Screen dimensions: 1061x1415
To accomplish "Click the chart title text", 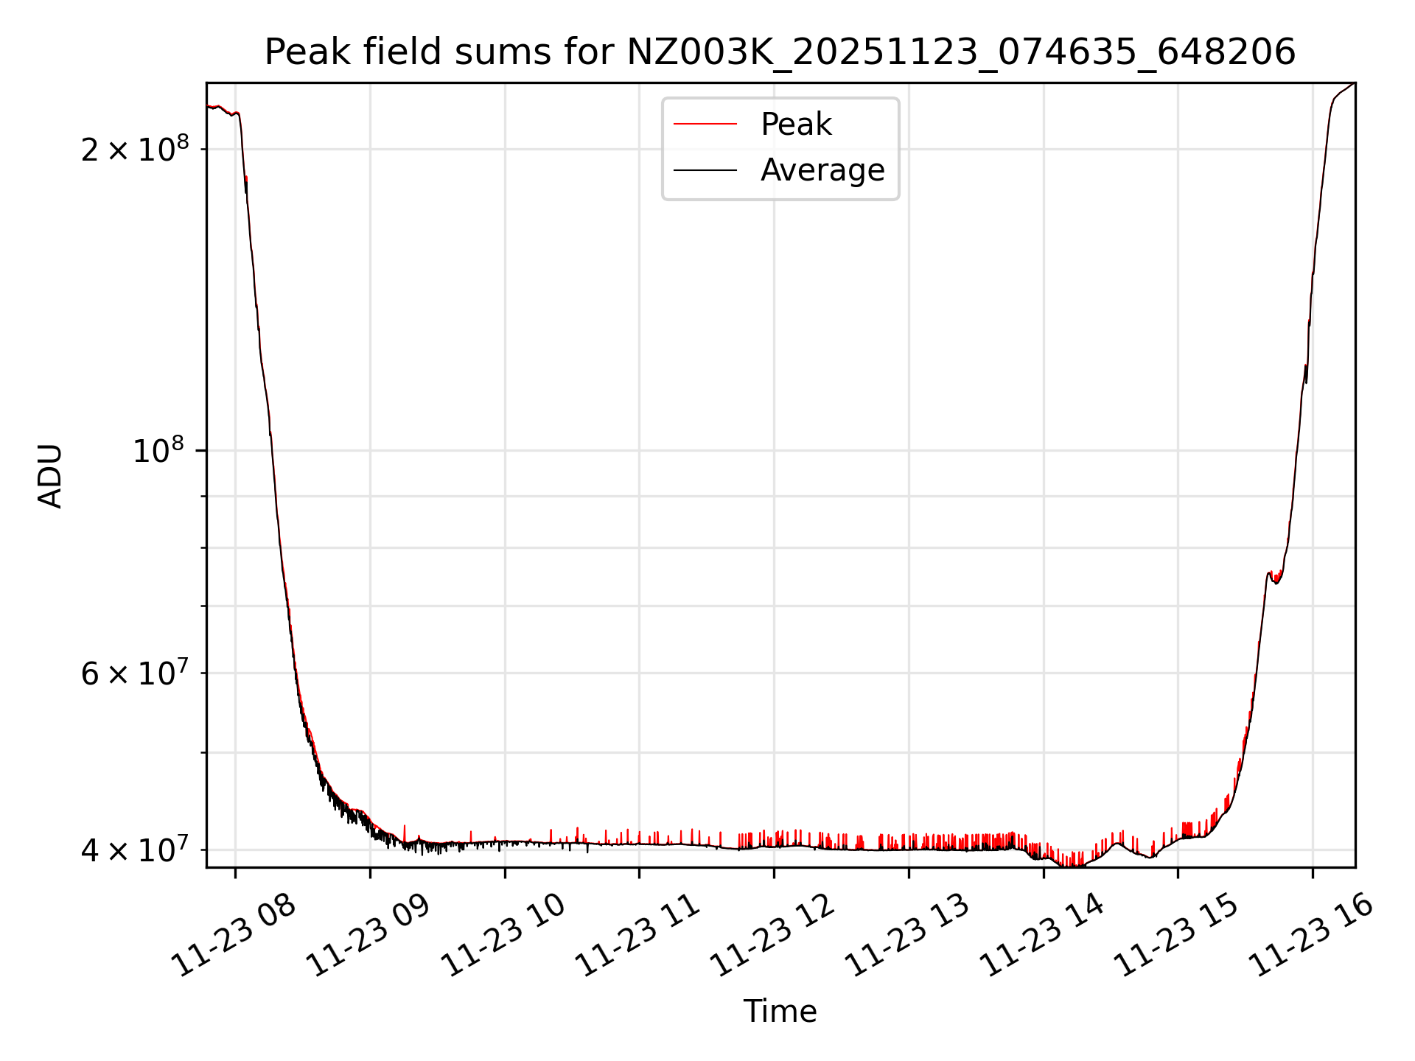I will (780, 52).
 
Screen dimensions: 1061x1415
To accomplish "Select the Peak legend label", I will (796, 125).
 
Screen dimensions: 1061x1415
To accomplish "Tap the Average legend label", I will (822, 170).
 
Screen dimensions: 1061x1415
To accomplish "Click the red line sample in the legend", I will (705, 125).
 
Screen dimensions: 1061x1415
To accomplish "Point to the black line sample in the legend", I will (705, 170).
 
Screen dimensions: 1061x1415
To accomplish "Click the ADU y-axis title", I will (50, 475).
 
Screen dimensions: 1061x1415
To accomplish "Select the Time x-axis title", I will (780, 1012).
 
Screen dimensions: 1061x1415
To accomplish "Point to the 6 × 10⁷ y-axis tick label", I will (135, 673).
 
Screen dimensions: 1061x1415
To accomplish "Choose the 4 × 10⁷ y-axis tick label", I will (135, 850).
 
